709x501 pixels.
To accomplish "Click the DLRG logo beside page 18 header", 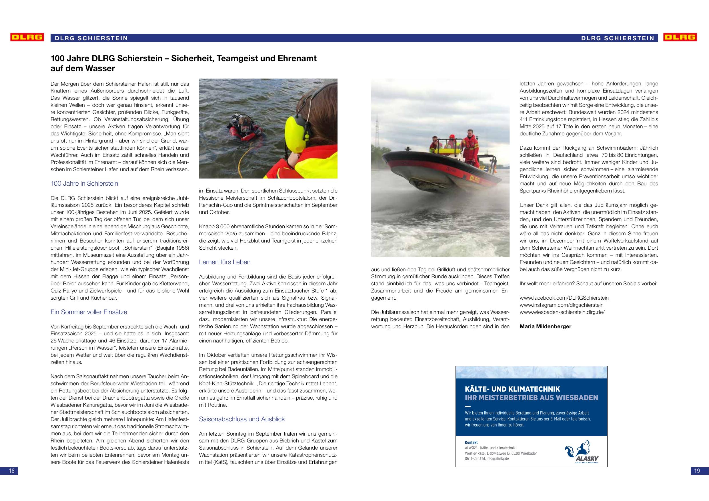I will (27, 37).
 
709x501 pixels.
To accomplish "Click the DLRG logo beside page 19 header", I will (680, 37).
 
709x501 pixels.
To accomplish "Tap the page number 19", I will (697, 471).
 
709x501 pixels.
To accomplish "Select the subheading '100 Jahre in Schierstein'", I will (84, 184).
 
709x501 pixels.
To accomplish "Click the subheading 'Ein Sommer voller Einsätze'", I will (89, 312).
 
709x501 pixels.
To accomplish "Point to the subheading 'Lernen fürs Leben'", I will (225, 262).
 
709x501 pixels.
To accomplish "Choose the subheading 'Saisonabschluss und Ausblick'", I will (242, 419).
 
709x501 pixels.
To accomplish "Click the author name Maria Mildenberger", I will (545, 326).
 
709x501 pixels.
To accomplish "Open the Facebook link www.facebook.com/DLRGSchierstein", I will (564, 298).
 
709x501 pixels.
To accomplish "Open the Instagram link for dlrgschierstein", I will (561, 305).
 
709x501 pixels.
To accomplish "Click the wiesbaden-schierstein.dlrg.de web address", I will (562, 312).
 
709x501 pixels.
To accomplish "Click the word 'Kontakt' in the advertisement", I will (471, 443).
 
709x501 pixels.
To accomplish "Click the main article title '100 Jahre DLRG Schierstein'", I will (183, 59).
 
